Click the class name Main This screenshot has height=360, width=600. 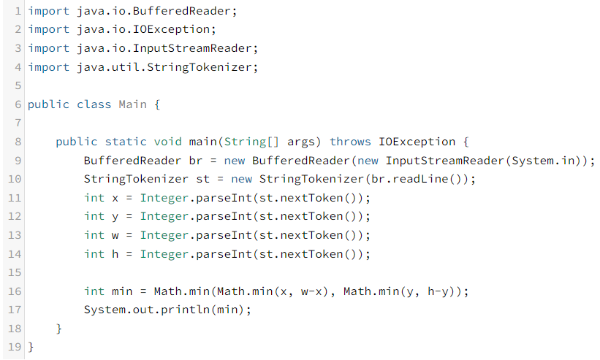tap(132, 104)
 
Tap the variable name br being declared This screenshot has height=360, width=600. tap(189, 161)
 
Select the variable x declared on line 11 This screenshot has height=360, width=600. tap(115, 198)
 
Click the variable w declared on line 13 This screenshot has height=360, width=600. tap(115, 235)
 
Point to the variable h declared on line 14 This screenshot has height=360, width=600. tap(115, 253)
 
